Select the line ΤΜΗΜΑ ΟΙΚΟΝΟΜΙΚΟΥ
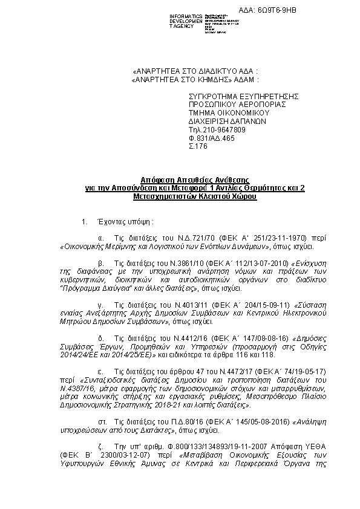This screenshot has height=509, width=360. click(226, 112)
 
